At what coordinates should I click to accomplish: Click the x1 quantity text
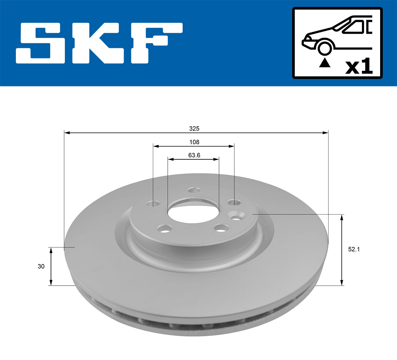pos(359,67)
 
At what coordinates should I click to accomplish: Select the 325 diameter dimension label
pos(194,128)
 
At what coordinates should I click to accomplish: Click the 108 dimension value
pos(194,142)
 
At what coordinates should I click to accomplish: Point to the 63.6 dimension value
pos(194,155)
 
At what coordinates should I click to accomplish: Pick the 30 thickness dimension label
pos(41,266)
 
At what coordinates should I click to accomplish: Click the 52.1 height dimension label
pos(354,250)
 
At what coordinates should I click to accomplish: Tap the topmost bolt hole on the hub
pos(194,190)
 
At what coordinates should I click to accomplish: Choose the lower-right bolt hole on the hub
pos(221,228)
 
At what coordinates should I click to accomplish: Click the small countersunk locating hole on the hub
pos(236,217)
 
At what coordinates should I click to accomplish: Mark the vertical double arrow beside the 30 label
pos(51,266)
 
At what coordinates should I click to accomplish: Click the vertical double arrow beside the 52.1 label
pos(342,250)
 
